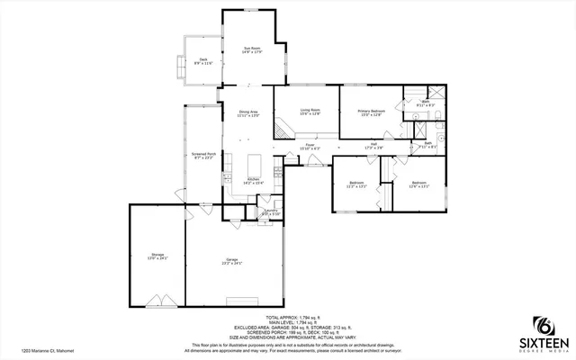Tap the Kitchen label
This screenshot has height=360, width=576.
(x=253, y=181)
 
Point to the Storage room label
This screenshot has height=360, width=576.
(x=157, y=256)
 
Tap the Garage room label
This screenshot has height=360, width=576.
(x=231, y=260)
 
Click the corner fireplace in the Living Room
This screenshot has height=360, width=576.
(x=281, y=130)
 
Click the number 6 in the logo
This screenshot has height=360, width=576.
(x=543, y=325)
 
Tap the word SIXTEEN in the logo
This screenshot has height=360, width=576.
(x=542, y=343)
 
